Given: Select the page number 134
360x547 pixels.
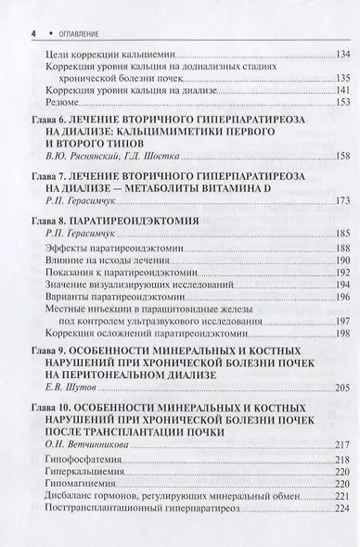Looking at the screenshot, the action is pos(338,53).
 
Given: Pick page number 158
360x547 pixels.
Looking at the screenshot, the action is pos(338,155).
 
